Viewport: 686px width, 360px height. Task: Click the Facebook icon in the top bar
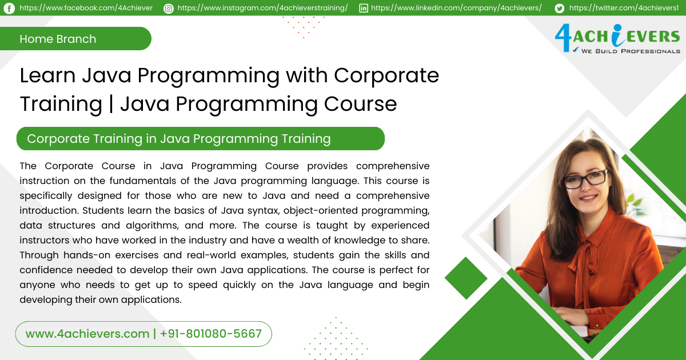click(x=9, y=8)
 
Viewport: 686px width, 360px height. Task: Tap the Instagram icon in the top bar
click(x=168, y=8)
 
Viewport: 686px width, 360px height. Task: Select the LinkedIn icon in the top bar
click(x=364, y=8)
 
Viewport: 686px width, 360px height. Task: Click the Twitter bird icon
click(x=559, y=8)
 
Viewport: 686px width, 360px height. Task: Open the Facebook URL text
click(x=86, y=8)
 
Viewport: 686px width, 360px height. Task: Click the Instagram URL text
click(x=262, y=8)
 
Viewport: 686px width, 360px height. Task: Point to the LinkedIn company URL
click(x=456, y=8)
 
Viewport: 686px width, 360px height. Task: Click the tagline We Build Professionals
click(x=631, y=51)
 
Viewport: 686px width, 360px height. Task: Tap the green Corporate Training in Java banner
click(x=200, y=139)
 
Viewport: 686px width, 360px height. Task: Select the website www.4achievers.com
click(x=87, y=334)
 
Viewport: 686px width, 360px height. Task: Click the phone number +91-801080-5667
click(x=211, y=334)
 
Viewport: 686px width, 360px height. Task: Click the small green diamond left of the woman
click(x=466, y=278)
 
